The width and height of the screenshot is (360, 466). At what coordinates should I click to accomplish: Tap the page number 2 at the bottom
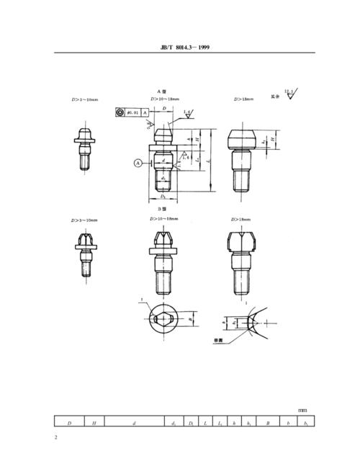tap(56, 437)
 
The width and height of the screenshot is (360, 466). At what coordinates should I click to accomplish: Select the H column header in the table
tap(94, 423)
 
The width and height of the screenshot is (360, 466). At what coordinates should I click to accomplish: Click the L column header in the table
tap(206, 423)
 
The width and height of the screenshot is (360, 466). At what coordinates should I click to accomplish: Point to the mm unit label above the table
tap(302, 411)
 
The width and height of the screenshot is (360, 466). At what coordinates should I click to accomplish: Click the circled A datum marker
tap(138, 163)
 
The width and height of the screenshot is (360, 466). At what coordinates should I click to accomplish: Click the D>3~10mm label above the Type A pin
tap(85, 99)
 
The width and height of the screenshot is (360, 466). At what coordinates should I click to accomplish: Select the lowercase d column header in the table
tap(135, 423)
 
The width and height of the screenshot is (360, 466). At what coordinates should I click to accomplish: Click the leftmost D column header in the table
tap(69, 423)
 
